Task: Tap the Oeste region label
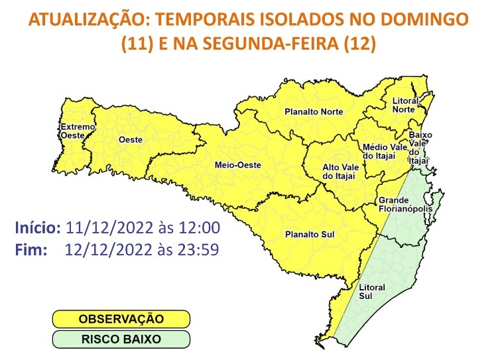(130, 139)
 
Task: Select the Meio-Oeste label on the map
(237, 165)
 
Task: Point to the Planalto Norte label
(314, 111)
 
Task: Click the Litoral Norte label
(404, 105)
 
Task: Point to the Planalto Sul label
(310, 233)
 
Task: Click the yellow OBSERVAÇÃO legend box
(121, 320)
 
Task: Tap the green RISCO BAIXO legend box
(121, 339)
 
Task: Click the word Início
(38, 228)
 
